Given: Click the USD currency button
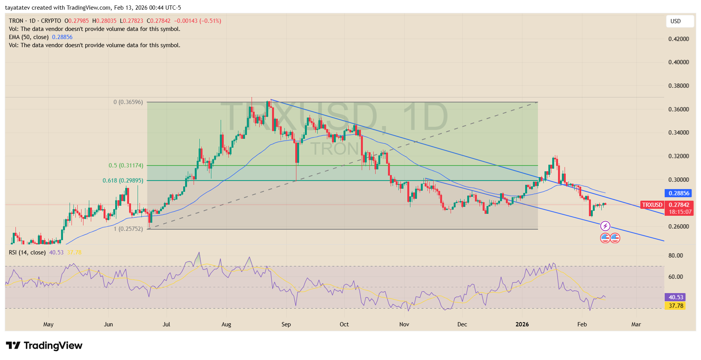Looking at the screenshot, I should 679,21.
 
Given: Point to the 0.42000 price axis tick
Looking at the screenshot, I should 679,39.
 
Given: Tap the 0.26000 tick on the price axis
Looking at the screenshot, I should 679,227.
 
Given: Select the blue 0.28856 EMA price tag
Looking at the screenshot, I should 679,193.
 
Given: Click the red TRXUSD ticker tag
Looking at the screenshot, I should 652,205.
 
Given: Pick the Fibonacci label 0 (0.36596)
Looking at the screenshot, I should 128,102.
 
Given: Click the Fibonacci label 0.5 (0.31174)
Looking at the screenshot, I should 126,165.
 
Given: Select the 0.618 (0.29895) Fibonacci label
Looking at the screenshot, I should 123,181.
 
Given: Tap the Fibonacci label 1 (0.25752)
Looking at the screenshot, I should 128,229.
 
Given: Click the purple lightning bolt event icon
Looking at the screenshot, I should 605,226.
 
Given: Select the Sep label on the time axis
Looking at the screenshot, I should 286,324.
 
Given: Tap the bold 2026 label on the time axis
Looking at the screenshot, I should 522,324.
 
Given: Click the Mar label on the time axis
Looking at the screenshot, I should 636,324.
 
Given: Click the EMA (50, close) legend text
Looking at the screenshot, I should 29,37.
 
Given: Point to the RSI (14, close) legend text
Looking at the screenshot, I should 27,253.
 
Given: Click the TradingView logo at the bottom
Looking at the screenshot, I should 44,345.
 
